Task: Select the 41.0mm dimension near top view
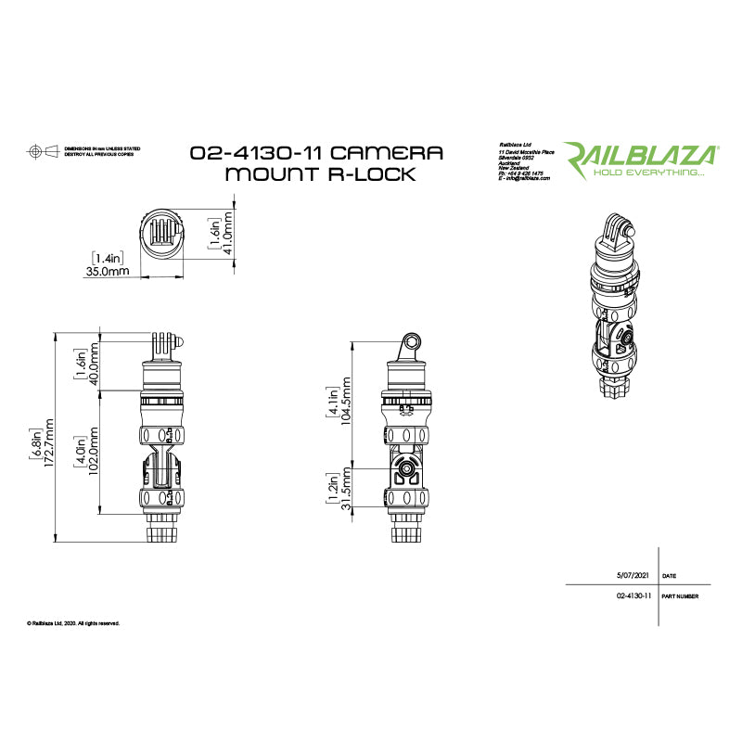225,237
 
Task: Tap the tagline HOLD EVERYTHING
649,173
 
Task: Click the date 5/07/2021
633,575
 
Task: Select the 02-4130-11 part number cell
633,598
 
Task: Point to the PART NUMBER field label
681,598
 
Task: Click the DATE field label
670,575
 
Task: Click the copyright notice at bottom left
74,623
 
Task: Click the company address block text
525,161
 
